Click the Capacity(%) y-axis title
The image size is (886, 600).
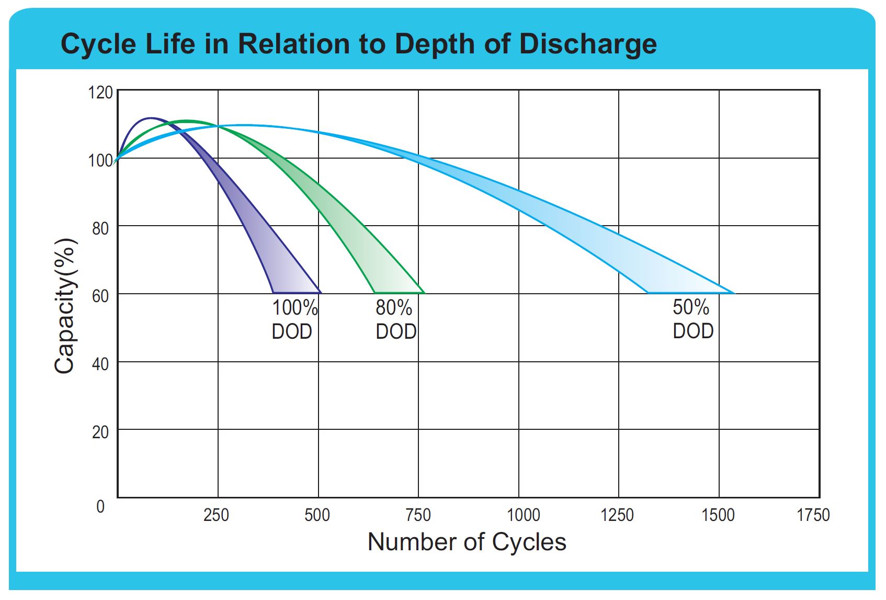pos(66,306)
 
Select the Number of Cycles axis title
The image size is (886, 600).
pos(467,542)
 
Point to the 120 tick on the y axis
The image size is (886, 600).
pos(100,93)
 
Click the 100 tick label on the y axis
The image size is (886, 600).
pos(100,160)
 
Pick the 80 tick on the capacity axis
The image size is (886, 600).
pos(100,228)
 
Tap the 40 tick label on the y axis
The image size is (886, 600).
pos(100,364)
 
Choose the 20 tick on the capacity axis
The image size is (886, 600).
pos(100,432)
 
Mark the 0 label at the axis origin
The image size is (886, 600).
pos(100,506)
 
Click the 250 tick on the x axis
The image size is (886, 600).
pos(216,515)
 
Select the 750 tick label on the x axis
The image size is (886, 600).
pos(418,515)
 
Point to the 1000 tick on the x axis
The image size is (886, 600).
pos(524,515)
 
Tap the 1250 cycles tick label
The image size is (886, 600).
pos(617,515)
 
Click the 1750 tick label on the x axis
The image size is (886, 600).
pos(813,515)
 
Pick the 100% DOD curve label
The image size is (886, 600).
pos(294,319)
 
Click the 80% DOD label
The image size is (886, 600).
pos(396,319)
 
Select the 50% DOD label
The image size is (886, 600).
pos(692,319)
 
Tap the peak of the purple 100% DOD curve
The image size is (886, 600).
pos(151,118)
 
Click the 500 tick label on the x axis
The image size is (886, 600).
pos(317,515)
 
